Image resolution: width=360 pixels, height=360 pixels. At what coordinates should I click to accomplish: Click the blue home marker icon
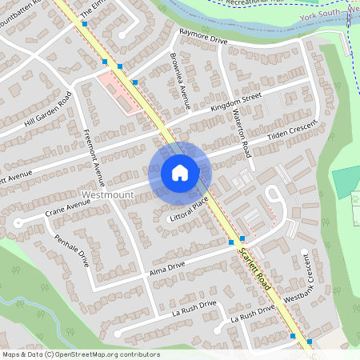[x=180, y=173]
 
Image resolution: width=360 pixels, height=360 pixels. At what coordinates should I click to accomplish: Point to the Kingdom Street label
[x=235, y=103]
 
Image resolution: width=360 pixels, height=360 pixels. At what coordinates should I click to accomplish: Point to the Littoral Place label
[x=189, y=212]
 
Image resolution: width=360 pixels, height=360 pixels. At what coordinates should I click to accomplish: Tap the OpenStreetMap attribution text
[x=80, y=354]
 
